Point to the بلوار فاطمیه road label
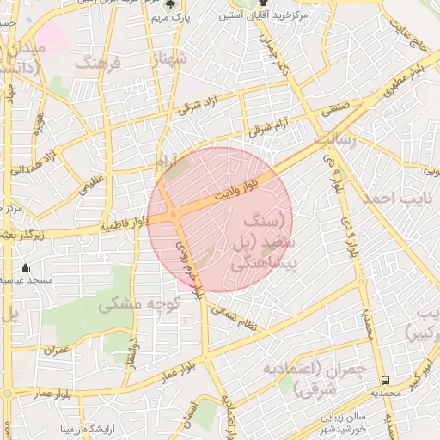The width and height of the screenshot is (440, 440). point(125,224)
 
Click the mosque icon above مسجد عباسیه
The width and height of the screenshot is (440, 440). point(26,267)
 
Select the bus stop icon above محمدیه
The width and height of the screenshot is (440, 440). point(384,379)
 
